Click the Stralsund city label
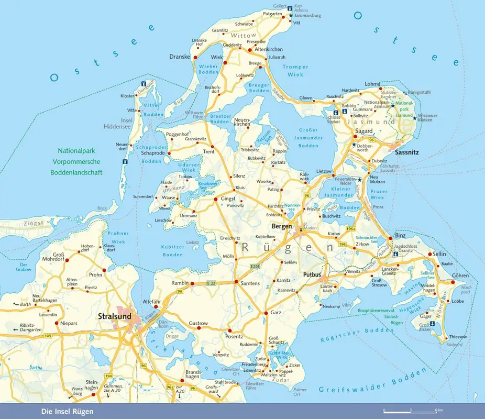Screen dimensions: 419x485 click(x=114, y=316)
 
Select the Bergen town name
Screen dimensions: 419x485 click(x=282, y=226)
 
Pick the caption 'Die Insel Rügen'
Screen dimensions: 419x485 click(x=67, y=412)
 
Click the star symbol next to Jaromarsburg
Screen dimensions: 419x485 click(x=291, y=16)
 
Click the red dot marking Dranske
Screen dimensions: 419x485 click(x=193, y=57)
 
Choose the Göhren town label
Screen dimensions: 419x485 click(x=460, y=275)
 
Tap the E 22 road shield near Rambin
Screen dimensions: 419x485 click(x=211, y=283)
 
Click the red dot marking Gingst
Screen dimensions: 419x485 click(x=215, y=199)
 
